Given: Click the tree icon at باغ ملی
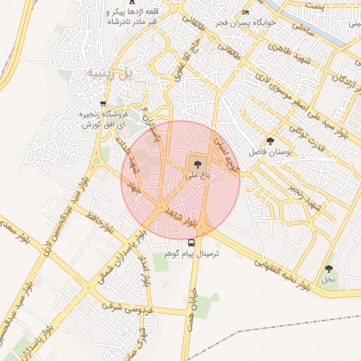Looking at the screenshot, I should [x=195, y=164].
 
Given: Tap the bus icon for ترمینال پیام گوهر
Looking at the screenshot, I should [x=191, y=243].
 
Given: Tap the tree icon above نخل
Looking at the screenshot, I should [x=329, y=269].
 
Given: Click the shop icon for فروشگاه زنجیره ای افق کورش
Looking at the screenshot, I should [x=103, y=104].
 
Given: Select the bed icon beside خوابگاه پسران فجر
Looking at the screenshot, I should [x=245, y=12].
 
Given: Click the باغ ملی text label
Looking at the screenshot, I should [x=195, y=176].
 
